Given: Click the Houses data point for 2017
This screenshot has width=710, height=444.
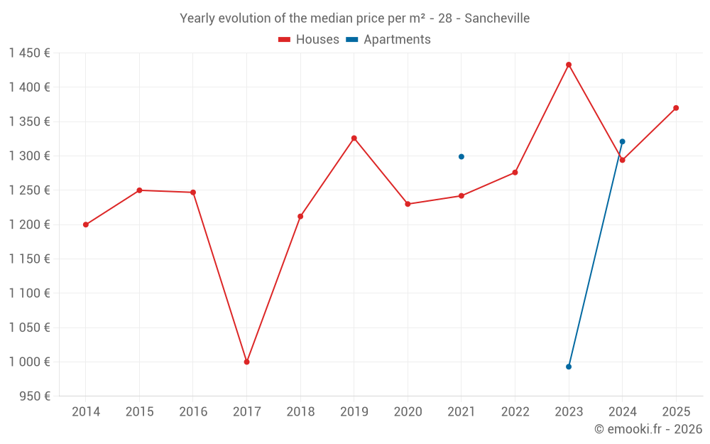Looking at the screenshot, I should click(246, 362).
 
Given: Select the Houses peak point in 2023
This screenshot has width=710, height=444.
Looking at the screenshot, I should click(569, 65).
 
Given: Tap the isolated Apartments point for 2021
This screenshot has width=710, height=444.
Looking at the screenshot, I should click(461, 156).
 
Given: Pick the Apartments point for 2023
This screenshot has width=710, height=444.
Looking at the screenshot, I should click(569, 367).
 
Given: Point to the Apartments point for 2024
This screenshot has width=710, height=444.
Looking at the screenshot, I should click(623, 141).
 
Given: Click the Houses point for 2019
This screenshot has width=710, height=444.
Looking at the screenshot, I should click(354, 138).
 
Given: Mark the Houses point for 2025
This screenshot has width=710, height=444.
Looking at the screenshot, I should click(676, 108).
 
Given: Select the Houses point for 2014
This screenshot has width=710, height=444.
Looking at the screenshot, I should click(86, 224).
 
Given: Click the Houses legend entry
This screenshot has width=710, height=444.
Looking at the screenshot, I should click(309, 40).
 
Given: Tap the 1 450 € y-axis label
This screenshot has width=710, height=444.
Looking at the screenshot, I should click(30, 53).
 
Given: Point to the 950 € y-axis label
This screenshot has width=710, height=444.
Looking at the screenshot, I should click(34, 396).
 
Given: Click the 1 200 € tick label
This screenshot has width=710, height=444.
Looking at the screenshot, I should click(30, 224).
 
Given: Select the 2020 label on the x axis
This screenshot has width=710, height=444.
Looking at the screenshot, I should click(408, 411).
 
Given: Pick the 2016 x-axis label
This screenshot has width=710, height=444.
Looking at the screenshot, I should click(193, 411).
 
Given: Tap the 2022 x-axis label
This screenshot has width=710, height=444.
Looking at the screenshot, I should click(515, 411).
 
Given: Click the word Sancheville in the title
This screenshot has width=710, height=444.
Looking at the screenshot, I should click(497, 18).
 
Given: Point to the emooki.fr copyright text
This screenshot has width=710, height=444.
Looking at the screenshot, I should click(648, 429).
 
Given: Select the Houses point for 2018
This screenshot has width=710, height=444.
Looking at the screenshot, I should click(300, 216).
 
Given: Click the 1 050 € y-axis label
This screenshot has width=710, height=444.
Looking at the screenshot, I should click(30, 327).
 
